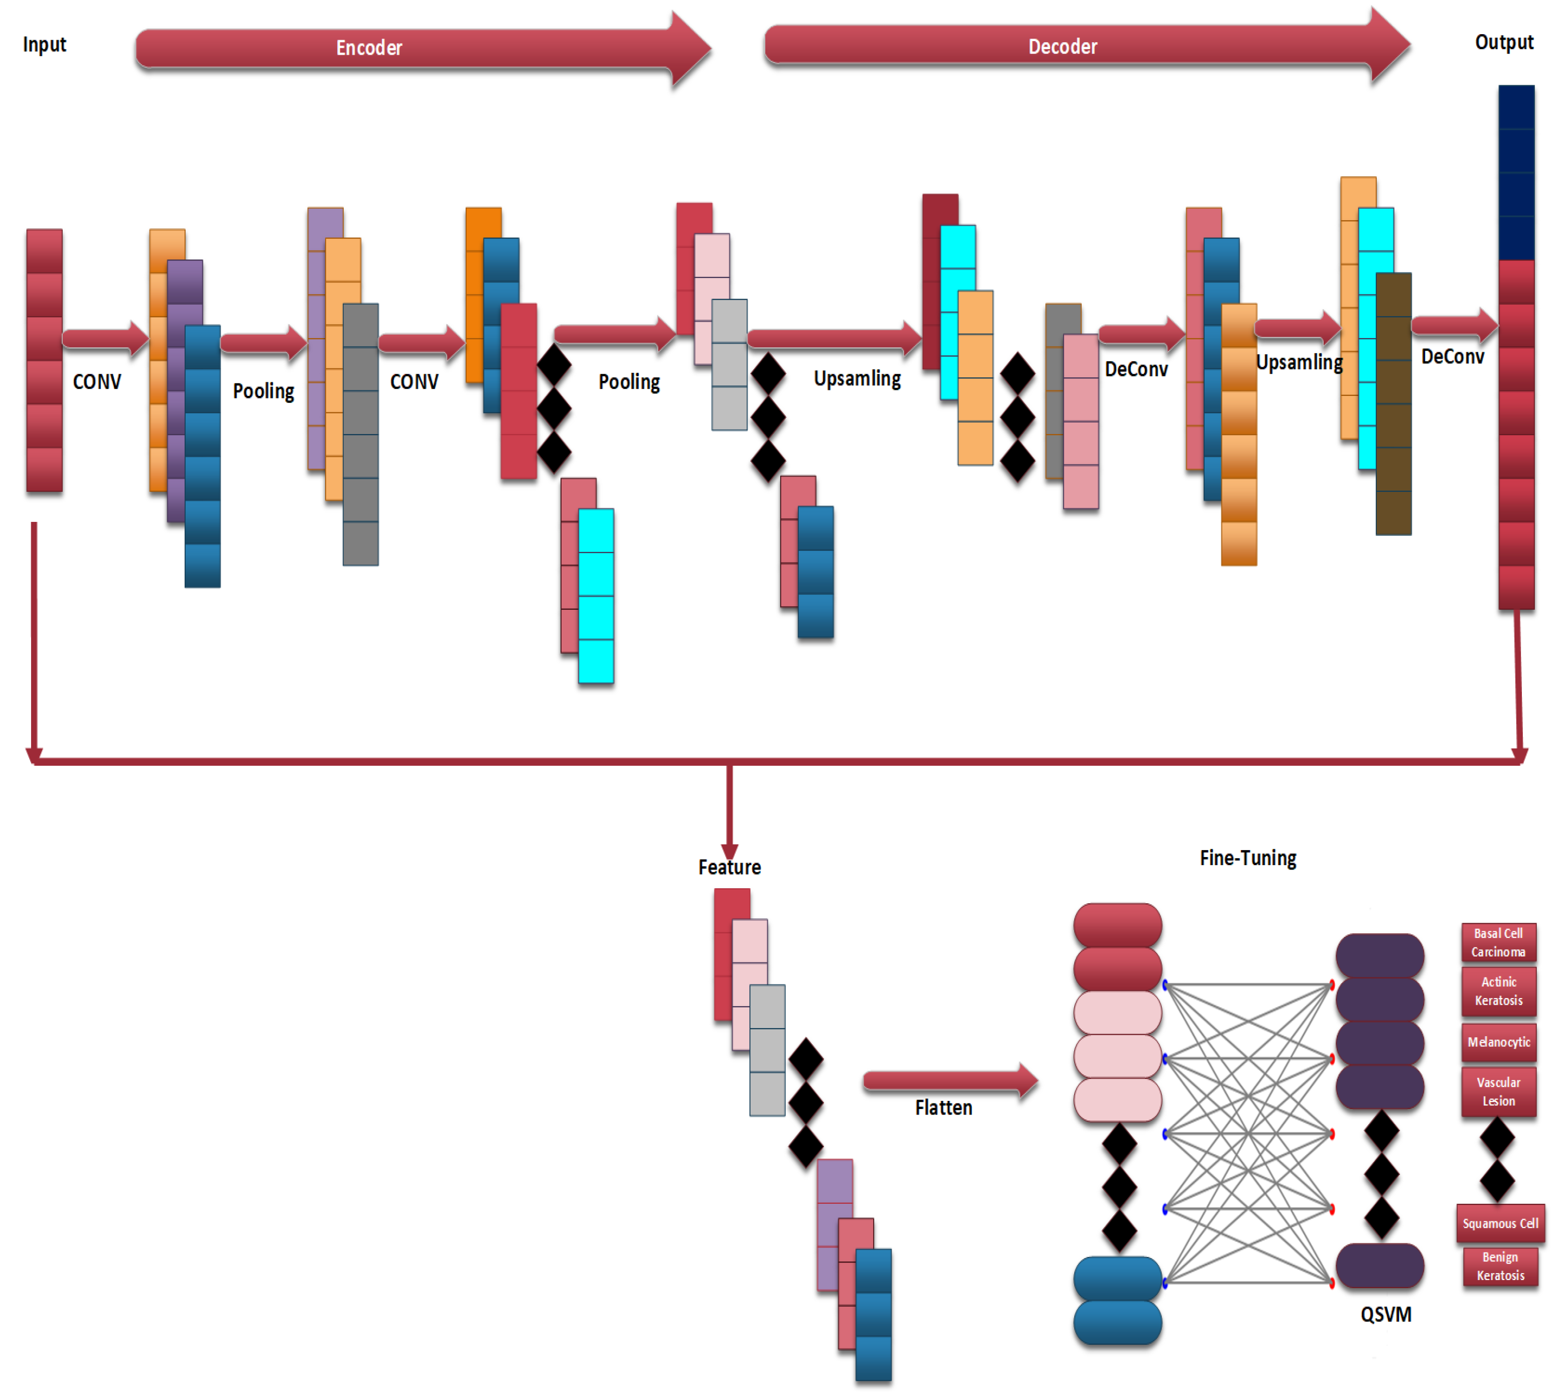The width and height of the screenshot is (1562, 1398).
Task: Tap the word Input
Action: tap(45, 45)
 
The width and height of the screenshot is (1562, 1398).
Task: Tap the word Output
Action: tap(1504, 42)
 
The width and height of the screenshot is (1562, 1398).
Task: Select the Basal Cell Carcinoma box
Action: tap(1498, 942)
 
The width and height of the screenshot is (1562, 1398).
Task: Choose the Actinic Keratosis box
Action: tap(1498, 991)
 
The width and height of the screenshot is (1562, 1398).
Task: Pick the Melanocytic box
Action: tap(1498, 1042)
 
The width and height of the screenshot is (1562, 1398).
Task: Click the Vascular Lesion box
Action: tap(1498, 1091)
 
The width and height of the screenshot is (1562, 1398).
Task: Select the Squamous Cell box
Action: tap(1500, 1223)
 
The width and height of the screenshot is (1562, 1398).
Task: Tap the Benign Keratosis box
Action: tap(1500, 1266)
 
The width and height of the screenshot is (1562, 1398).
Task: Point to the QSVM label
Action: tap(1385, 1314)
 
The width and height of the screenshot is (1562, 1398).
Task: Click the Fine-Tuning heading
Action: tap(1247, 858)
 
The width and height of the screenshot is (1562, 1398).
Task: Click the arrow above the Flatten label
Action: tap(948, 1081)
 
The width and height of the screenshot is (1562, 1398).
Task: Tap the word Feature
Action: tap(729, 867)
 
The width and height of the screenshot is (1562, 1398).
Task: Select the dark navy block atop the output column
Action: tap(1516, 173)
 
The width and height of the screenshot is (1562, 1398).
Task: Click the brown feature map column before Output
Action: tap(1393, 403)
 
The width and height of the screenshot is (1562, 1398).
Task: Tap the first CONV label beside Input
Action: tap(97, 382)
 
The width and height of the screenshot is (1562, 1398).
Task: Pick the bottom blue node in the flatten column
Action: tap(1117, 1322)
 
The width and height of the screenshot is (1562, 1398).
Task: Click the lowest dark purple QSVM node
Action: tap(1379, 1265)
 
